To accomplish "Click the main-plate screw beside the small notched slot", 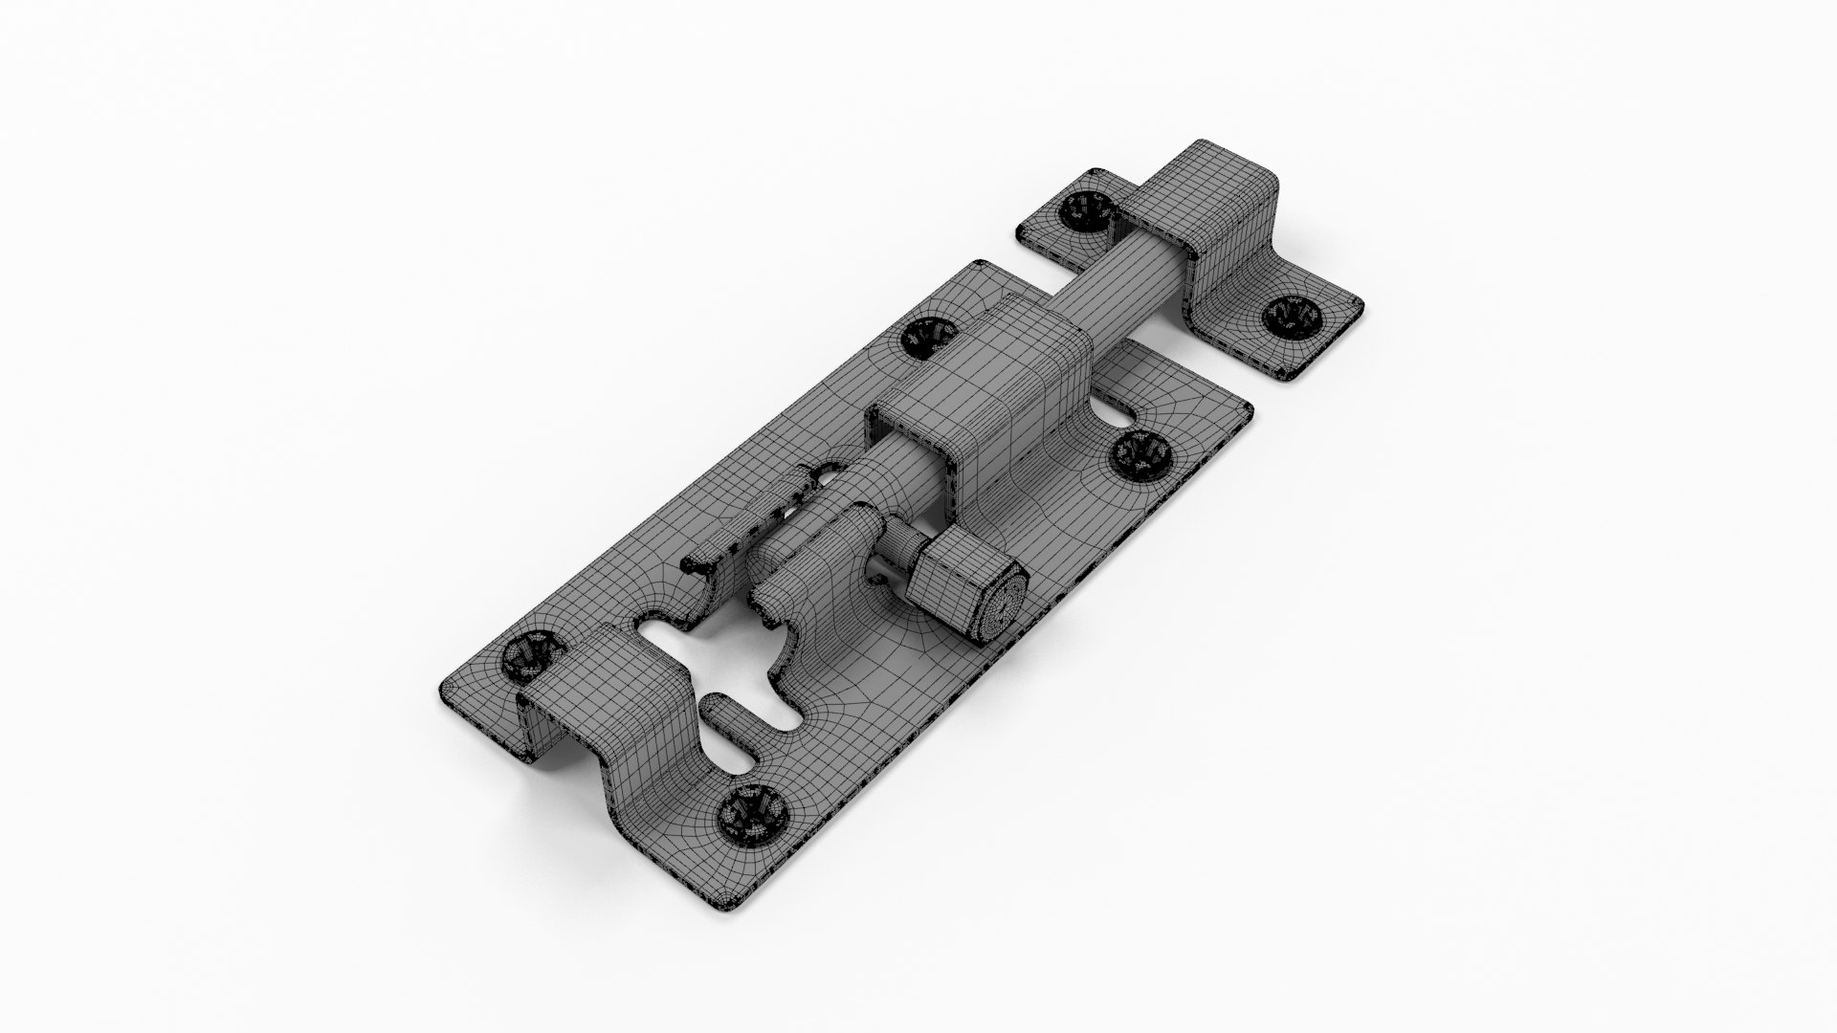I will pos(1139,452).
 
